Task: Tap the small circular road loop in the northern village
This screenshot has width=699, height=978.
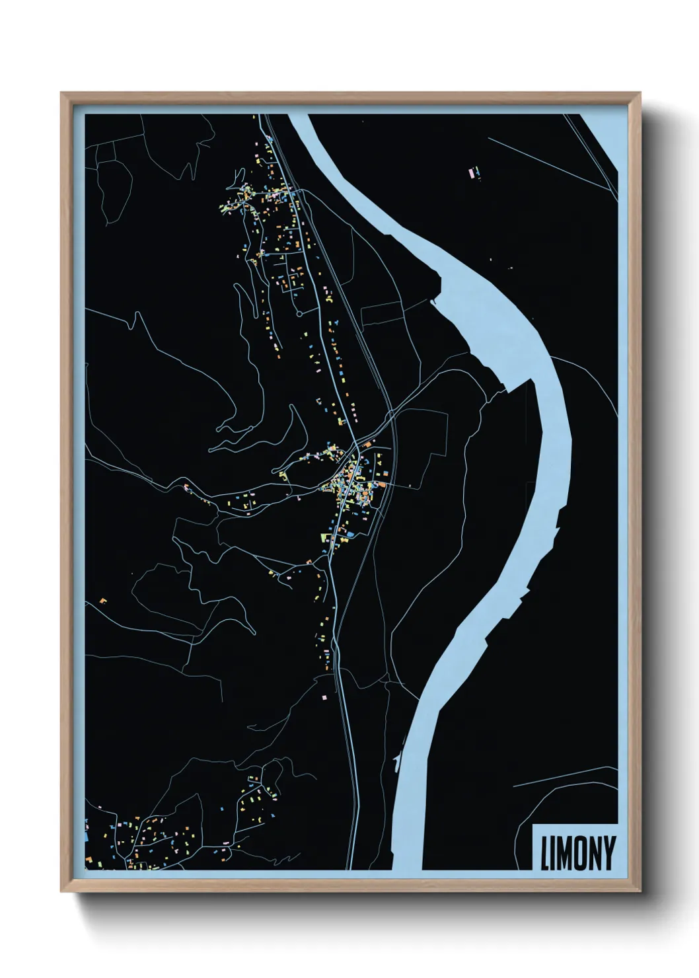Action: coord(298,313)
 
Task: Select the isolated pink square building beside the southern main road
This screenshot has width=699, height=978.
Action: coord(324,696)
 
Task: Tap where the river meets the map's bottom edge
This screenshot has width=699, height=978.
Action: coord(406,868)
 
